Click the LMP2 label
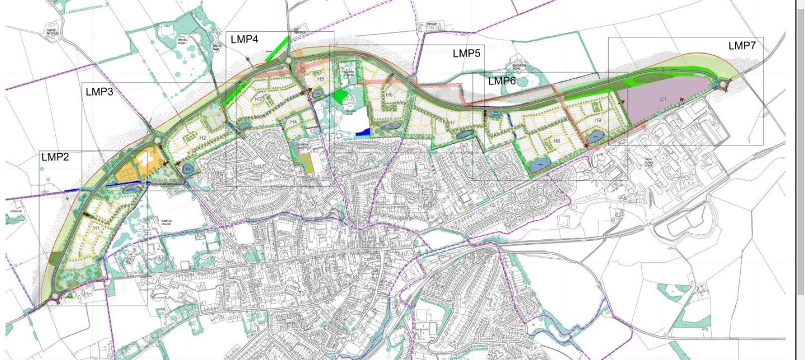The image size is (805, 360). coord(55,158)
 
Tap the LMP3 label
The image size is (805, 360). coord(100,92)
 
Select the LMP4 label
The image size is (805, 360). coord(244,40)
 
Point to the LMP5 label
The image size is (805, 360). coord(467,54)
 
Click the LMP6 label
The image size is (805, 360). coord(502,81)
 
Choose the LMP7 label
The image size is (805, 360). coord(742,46)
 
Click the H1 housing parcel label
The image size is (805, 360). coord(96,228)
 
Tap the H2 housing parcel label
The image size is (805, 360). coord(202,138)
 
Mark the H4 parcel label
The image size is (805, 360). coord(293,121)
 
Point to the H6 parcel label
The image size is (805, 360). coord(389,95)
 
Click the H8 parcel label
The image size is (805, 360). coord(556,141)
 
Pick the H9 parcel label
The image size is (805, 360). coord(598,120)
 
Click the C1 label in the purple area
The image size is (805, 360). coord(664,100)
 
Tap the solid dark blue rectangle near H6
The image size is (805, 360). coord(363,132)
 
